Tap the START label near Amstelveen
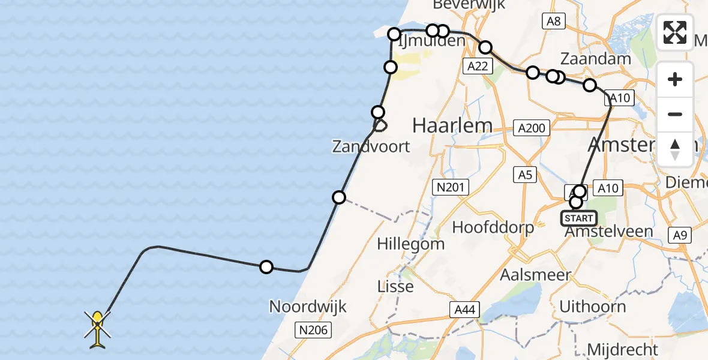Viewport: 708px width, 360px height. coord(578,218)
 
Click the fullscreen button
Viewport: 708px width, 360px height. coord(675,32)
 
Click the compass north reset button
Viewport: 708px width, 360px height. coord(675,149)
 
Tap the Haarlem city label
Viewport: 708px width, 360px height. coord(452,126)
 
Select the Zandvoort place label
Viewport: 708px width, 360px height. coord(372,146)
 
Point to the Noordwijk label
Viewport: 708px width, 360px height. coord(308,307)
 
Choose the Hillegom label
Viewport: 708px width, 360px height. coord(411,244)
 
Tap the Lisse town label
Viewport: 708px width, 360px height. coord(395,286)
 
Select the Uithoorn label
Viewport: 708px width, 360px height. coord(592,307)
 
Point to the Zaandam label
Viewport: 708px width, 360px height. coord(595,59)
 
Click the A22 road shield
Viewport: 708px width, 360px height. coord(478,67)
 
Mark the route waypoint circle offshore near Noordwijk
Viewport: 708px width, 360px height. coord(266,267)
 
